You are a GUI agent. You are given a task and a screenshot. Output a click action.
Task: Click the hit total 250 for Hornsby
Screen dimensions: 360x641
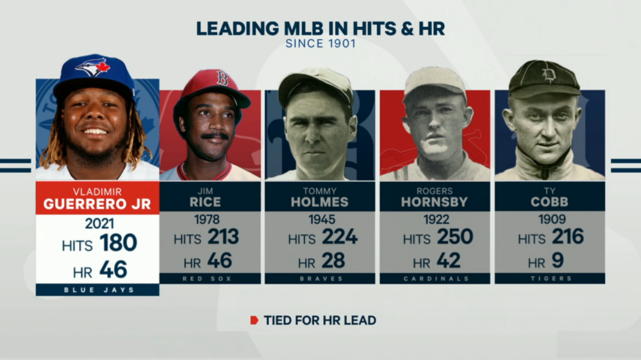coord(454,237)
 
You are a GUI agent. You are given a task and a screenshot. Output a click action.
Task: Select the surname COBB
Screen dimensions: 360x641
coord(550,202)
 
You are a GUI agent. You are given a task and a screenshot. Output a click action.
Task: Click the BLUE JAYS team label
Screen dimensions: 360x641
coord(97,290)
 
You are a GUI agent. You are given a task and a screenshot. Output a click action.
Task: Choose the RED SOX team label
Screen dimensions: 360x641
coord(210,279)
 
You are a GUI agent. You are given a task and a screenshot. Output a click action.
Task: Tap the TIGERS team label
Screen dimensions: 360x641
coord(549,279)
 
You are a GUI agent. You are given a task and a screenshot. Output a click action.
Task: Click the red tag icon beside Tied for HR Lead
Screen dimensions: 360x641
coord(254,320)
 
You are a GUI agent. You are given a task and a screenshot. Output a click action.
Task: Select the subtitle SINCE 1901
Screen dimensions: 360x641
coord(320,45)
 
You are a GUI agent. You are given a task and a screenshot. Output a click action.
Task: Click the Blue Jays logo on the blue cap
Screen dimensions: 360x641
coord(94,66)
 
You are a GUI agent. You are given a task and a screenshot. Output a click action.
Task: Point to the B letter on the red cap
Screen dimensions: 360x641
coord(222,79)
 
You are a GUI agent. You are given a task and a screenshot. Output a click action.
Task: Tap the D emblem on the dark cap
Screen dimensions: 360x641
coord(549,75)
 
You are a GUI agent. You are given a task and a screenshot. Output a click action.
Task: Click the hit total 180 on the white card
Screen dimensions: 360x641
coord(118,243)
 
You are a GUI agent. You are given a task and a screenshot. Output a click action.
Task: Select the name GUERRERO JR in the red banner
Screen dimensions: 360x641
coord(97,204)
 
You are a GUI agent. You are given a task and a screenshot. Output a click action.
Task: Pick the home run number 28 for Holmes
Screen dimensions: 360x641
coord(333,261)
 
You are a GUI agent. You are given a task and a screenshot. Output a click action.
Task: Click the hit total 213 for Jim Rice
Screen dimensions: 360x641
coord(222,237)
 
